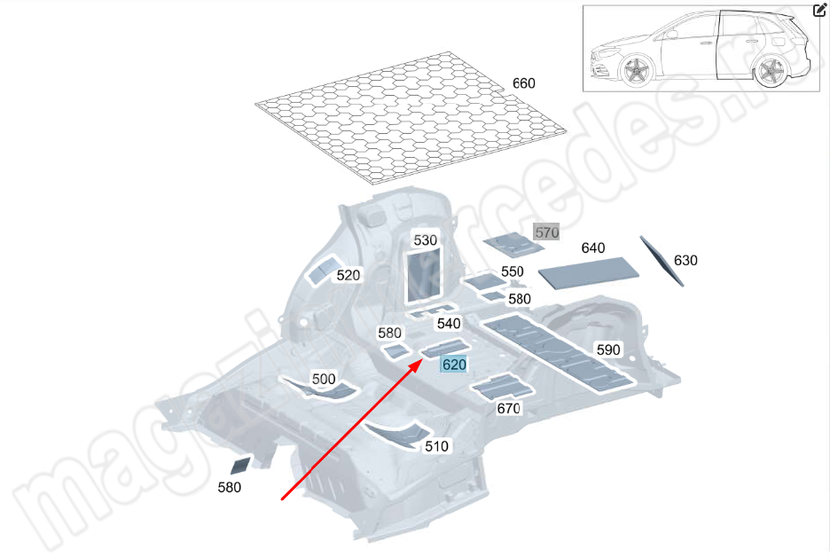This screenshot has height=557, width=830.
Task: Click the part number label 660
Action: click(x=524, y=83)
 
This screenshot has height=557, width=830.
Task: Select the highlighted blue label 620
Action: click(x=453, y=365)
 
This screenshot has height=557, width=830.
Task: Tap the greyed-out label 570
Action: click(x=546, y=232)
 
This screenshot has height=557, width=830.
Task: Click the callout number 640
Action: click(x=593, y=248)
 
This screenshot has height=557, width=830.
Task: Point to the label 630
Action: click(x=685, y=261)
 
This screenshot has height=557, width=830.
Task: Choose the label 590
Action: click(x=608, y=349)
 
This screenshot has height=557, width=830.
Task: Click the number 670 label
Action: click(x=508, y=408)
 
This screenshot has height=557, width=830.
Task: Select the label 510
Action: click(x=436, y=446)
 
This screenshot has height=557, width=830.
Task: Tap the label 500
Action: click(x=324, y=379)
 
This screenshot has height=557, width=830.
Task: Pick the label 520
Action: click(x=348, y=275)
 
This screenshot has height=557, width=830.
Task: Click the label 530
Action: click(x=426, y=240)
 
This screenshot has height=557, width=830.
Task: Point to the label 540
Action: click(x=449, y=324)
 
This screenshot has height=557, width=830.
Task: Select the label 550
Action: click(x=513, y=271)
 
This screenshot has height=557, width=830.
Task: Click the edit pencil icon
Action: click(x=819, y=12)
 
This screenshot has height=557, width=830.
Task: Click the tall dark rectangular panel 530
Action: click(x=424, y=274)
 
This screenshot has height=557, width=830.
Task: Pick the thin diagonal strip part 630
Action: click(x=662, y=262)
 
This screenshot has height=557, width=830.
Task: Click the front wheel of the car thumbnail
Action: click(x=634, y=72)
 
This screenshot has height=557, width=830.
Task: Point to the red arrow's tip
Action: click(x=423, y=360)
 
